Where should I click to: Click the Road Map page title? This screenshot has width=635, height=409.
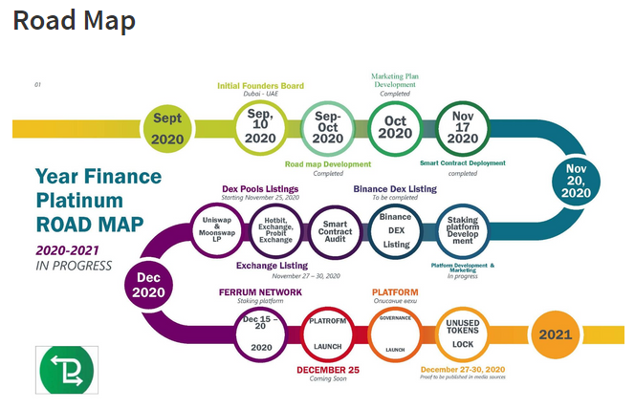[74, 21]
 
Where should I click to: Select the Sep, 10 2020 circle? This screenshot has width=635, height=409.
[260, 126]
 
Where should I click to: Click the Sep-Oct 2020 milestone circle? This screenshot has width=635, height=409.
[327, 126]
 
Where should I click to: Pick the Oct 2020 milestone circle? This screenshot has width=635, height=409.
[395, 126]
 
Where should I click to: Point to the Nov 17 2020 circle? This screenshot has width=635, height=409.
[462, 126]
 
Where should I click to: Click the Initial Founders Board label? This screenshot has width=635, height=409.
[260, 86]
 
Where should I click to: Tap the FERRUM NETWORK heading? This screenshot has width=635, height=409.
[261, 291]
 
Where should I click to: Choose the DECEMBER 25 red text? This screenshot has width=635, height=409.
[329, 370]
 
